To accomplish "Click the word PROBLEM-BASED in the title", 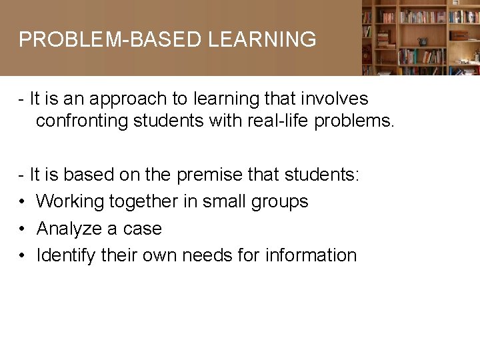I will [x=110, y=40].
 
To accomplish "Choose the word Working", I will [x=70, y=202].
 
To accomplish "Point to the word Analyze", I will [x=66, y=229].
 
